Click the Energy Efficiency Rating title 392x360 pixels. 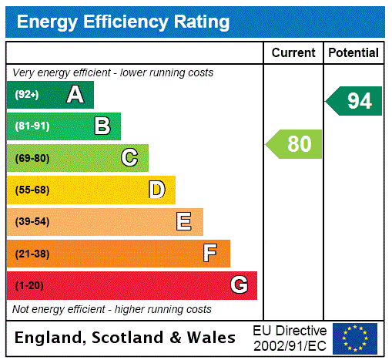click(123, 22)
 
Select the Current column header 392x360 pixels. click(293, 53)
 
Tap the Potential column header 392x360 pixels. click(353, 53)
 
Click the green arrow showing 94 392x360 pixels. click(354, 101)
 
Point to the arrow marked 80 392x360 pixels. click(295, 144)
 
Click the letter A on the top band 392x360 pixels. click(75, 95)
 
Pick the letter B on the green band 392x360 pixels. click(102, 126)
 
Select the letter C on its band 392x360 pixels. click(129, 158)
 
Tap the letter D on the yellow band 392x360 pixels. click(156, 190)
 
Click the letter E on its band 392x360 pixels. click(184, 222)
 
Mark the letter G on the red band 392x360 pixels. click(239, 285)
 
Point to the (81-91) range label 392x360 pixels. click(32, 126)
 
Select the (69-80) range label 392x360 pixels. click(32, 158)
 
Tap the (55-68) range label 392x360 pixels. click(32, 190)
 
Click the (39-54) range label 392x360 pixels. click(32, 222)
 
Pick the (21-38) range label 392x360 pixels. click(32, 254)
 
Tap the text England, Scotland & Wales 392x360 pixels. click(126, 338)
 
